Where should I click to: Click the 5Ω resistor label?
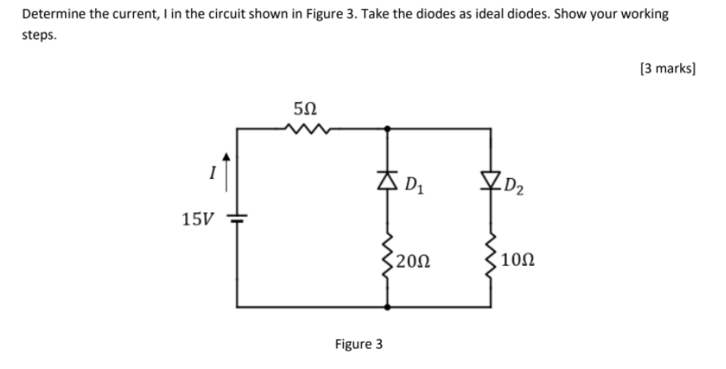(x=302, y=109)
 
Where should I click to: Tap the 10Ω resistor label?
(x=515, y=260)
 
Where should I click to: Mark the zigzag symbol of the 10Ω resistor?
(x=491, y=257)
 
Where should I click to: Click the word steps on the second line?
(x=39, y=37)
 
